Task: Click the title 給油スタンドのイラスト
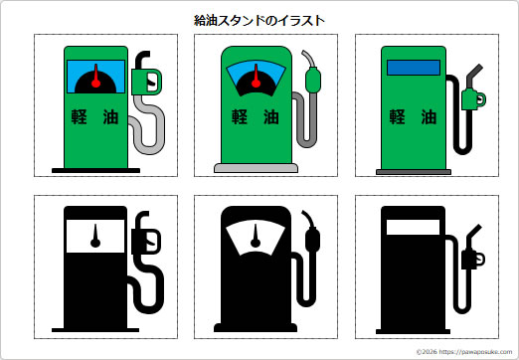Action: coord(259,19)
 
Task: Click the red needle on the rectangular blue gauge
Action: coord(95,79)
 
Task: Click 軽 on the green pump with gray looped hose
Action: coord(79,116)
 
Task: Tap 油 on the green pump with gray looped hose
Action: coord(111,116)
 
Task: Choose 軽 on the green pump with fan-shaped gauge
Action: coord(240,116)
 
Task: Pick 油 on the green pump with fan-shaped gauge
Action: coord(272,116)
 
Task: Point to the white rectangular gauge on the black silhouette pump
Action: coord(95,236)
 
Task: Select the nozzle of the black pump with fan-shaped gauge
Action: coord(315,239)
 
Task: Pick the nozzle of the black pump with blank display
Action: coord(474,258)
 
